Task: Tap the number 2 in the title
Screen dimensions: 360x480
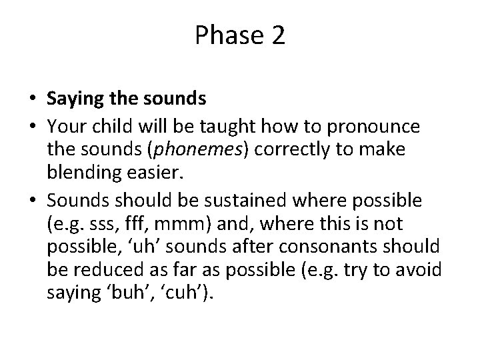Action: coord(278,36)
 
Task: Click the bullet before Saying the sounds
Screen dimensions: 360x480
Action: coord(32,100)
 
